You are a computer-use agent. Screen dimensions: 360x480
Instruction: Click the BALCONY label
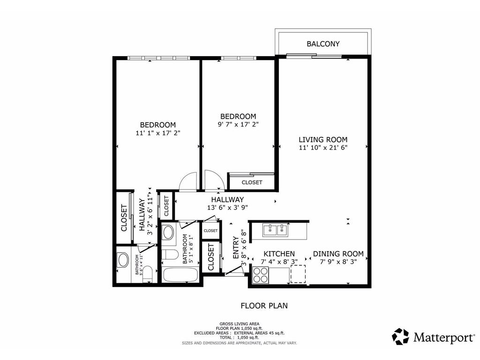(x=323, y=44)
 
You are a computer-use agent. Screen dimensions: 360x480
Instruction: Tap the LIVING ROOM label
(x=323, y=139)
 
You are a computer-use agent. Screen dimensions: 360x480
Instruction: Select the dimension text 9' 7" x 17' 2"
(x=238, y=125)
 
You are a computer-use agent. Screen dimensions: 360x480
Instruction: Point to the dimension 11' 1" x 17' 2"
(x=157, y=133)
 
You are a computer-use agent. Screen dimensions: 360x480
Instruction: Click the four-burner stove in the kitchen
(x=261, y=275)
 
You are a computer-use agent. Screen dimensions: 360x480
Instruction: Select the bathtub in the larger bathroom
(x=181, y=274)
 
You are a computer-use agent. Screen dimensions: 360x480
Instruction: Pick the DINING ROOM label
(x=338, y=254)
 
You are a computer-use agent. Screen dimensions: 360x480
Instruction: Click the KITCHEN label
(x=278, y=254)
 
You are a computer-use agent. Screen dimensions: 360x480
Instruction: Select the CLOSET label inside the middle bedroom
(x=252, y=182)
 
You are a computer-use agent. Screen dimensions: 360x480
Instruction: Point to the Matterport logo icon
(x=400, y=337)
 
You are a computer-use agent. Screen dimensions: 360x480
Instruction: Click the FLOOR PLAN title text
(x=264, y=306)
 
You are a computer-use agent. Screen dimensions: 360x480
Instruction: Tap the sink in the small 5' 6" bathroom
(x=123, y=260)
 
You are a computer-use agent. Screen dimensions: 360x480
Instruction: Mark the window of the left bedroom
(x=158, y=58)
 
